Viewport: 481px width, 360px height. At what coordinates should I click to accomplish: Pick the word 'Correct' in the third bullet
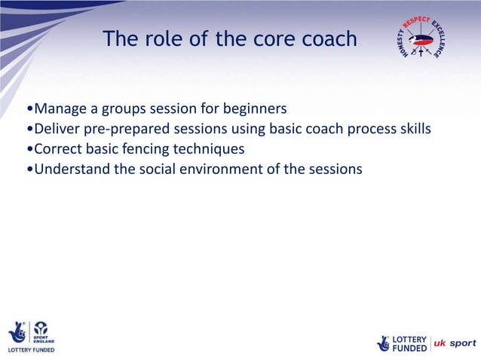(x=60, y=148)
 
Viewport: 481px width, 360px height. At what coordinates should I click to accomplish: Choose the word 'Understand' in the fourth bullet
(x=72, y=169)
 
